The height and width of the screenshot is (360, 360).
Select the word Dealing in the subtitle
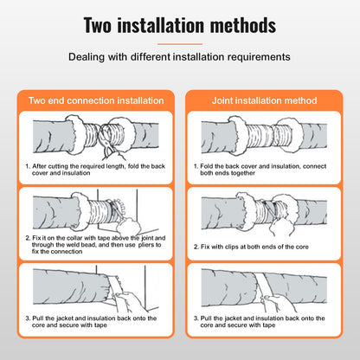(x=88, y=60)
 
